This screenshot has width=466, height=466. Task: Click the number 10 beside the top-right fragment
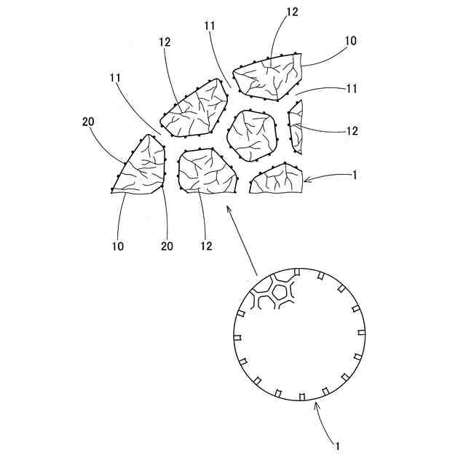coord(351,42)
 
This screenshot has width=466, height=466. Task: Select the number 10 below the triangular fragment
coord(118,245)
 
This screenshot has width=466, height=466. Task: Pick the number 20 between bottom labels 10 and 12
coord(167,245)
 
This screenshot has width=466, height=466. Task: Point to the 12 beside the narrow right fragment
coord(352,131)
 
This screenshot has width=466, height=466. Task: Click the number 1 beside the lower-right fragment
coord(352,175)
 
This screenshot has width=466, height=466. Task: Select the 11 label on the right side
coord(351,88)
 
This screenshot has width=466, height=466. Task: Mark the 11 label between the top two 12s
coord(210,25)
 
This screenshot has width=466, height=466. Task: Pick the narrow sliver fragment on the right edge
coord(295,127)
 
